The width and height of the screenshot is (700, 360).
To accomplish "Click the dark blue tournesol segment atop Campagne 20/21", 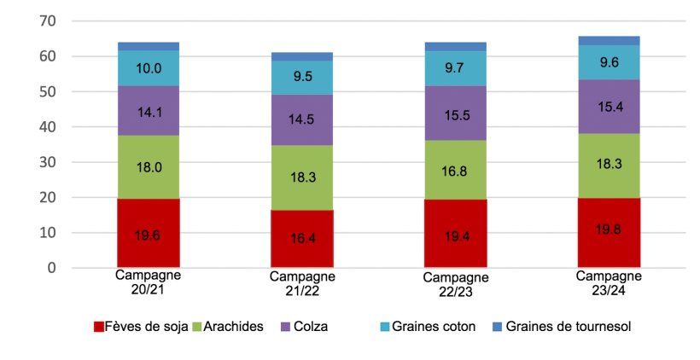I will click(148, 46).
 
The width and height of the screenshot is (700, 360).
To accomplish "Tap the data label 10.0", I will click(149, 69).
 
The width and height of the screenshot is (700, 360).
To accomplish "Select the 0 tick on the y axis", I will click(51, 268).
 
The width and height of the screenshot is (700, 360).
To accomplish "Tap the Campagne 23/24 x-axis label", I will click(609, 283).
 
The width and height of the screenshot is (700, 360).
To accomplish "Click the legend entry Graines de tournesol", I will click(568, 327).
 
